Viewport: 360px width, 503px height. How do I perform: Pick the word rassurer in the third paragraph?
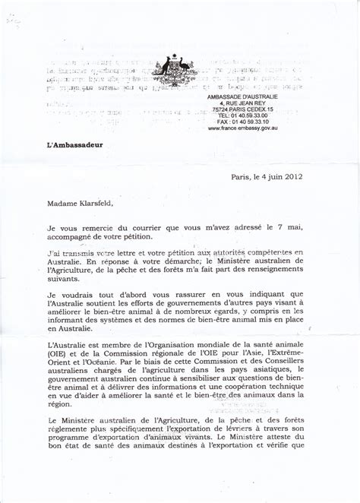[x=172, y=293]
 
